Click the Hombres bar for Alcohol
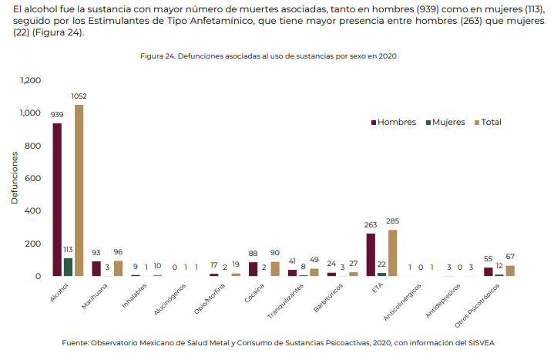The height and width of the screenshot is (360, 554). [x=57, y=200]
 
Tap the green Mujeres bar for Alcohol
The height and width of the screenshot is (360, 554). [x=68, y=267]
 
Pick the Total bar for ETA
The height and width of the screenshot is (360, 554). [x=393, y=253]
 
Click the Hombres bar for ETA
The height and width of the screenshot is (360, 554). [x=371, y=254]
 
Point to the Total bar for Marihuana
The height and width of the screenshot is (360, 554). [x=118, y=268]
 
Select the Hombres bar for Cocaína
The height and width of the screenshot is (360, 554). [x=253, y=269]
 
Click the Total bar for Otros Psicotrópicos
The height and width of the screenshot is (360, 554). [x=510, y=271]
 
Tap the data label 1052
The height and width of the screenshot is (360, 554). [x=79, y=96]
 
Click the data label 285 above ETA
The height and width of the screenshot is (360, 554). [x=393, y=222]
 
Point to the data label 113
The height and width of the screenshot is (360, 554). [x=68, y=250]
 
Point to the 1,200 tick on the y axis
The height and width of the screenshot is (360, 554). [x=30, y=80]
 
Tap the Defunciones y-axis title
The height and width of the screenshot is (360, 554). [x=14, y=178]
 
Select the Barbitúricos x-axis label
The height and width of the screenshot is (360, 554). [x=324, y=297]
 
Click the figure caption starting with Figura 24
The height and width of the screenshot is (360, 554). [x=269, y=56]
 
